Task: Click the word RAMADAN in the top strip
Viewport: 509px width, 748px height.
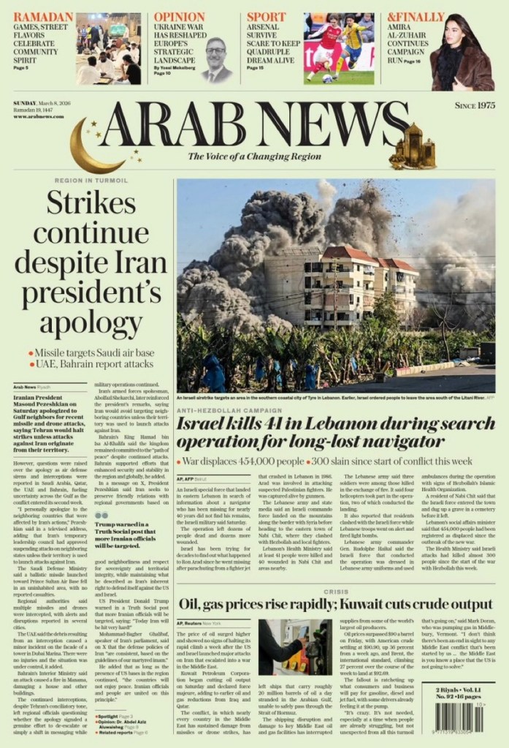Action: tap(43, 18)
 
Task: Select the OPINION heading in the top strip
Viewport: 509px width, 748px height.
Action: tap(180, 18)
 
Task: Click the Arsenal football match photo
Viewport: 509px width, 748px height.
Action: tap(339, 48)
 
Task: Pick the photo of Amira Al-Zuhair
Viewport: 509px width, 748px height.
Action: tap(462, 51)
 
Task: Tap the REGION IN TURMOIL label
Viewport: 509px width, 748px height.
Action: tap(91, 180)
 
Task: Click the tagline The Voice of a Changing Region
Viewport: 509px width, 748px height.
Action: tap(255, 156)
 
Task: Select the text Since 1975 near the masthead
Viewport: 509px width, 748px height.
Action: tap(475, 105)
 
